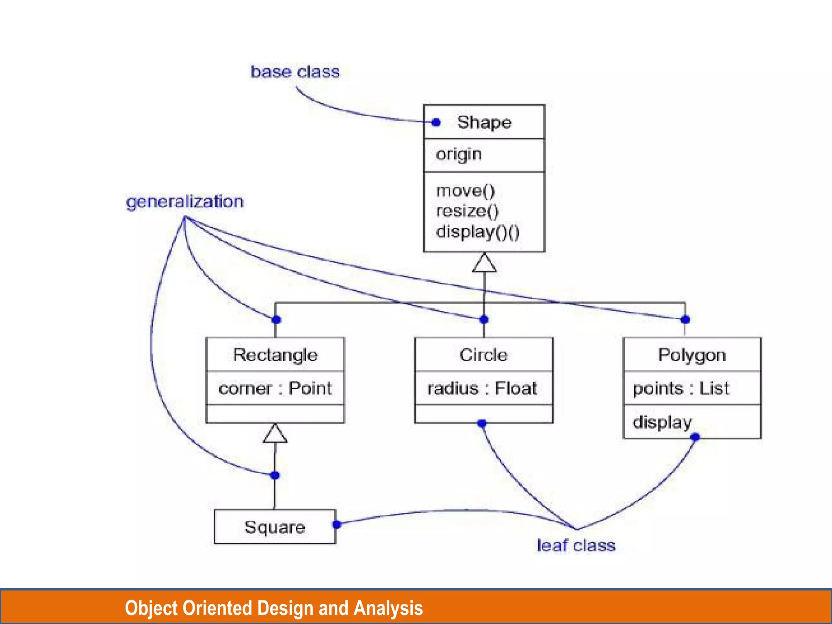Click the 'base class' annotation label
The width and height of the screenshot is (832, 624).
[x=295, y=72]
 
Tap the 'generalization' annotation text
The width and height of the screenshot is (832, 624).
[x=185, y=202]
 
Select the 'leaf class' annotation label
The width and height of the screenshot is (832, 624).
[x=576, y=546]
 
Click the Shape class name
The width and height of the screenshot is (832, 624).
[x=484, y=122]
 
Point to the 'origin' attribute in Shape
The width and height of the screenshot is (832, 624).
[x=459, y=155]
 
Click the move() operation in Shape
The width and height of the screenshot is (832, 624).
[x=466, y=191]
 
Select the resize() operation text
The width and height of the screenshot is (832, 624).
[x=467, y=211]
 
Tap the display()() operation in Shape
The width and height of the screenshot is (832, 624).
[x=478, y=232]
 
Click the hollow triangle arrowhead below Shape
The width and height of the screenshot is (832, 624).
[x=484, y=263]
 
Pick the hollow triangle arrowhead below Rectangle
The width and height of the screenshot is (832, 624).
[x=275, y=433]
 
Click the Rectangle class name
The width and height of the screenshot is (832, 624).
[x=275, y=355]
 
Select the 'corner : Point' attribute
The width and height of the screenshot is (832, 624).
[x=275, y=388]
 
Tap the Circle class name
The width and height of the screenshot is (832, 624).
[x=483, y=355]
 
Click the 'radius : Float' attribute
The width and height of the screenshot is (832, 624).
[x=482, y=388]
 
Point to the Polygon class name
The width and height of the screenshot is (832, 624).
[x=692, y=355]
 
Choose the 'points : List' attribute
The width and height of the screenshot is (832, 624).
[x=681, y=388]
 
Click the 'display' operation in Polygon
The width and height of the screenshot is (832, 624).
[x=662, y=422]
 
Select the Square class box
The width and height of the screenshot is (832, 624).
[x=275, y=527]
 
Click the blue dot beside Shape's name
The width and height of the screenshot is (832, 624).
[x=436, y=122]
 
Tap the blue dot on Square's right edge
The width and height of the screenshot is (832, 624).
[x=336, y=524]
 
